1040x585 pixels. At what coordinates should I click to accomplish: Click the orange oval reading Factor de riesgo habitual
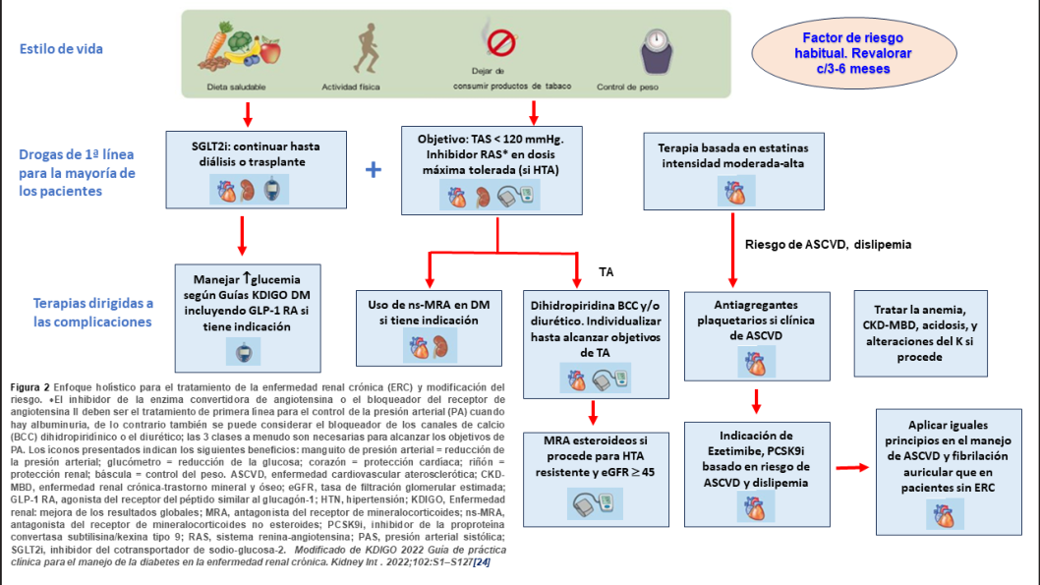coord(853,53)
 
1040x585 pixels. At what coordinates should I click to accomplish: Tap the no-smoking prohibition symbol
coord(501,42)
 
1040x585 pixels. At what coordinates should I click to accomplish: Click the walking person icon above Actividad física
coord(366,48)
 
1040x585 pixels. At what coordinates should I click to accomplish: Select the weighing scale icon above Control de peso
coord(657,51)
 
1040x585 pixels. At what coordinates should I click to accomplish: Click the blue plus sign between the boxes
coord(374,170)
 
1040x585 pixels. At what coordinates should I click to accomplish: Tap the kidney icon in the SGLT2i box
coord(248,191)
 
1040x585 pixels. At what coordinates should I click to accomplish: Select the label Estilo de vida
coord(61,49)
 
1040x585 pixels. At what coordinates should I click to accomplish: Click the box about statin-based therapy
coord(733,171)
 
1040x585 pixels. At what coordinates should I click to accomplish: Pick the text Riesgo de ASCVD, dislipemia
coord(828,244)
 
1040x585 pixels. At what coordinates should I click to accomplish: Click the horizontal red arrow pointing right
coord(852,468)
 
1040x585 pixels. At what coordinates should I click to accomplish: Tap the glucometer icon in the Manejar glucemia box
coord(244,352)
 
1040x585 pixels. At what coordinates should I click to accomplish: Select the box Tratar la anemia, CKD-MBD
coord(921,333)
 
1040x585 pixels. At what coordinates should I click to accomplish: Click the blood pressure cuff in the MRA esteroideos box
coord(595,503)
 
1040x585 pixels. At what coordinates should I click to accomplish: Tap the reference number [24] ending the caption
coord(482,561)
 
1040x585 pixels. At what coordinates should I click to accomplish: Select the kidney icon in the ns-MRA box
coord(440,347)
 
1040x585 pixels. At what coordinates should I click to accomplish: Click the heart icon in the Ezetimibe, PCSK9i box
coord(756,508)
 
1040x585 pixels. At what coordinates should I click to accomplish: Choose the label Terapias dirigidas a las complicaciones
coord(92,313)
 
